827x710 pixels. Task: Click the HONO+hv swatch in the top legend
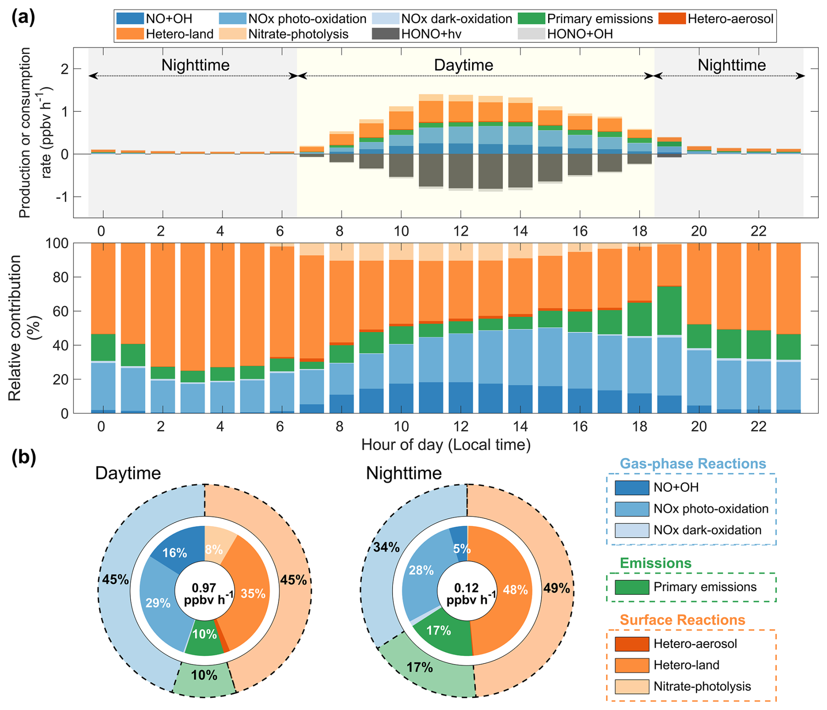pos(385,34)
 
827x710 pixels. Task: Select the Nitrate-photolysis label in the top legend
pos(298,34)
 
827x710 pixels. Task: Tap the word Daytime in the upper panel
pos(463,65)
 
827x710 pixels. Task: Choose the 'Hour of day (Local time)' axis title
pos(446,445)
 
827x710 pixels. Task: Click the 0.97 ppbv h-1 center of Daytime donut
pos(204,593)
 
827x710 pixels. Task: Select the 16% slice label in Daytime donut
pos(174,553)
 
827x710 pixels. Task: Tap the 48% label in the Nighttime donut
pos(515,590)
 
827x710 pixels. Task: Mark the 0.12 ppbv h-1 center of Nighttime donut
pos(467,593)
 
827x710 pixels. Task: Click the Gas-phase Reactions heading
pos(693,463)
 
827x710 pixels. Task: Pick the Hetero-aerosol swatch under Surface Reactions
pos(632,644)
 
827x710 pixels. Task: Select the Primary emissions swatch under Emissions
pos(632,587)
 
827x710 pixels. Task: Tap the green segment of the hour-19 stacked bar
pos(669,310)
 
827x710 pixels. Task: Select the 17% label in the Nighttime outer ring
pos(420,667)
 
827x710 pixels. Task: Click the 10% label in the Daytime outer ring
pos(204,675)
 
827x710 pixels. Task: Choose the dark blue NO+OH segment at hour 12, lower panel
pos(461,397)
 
